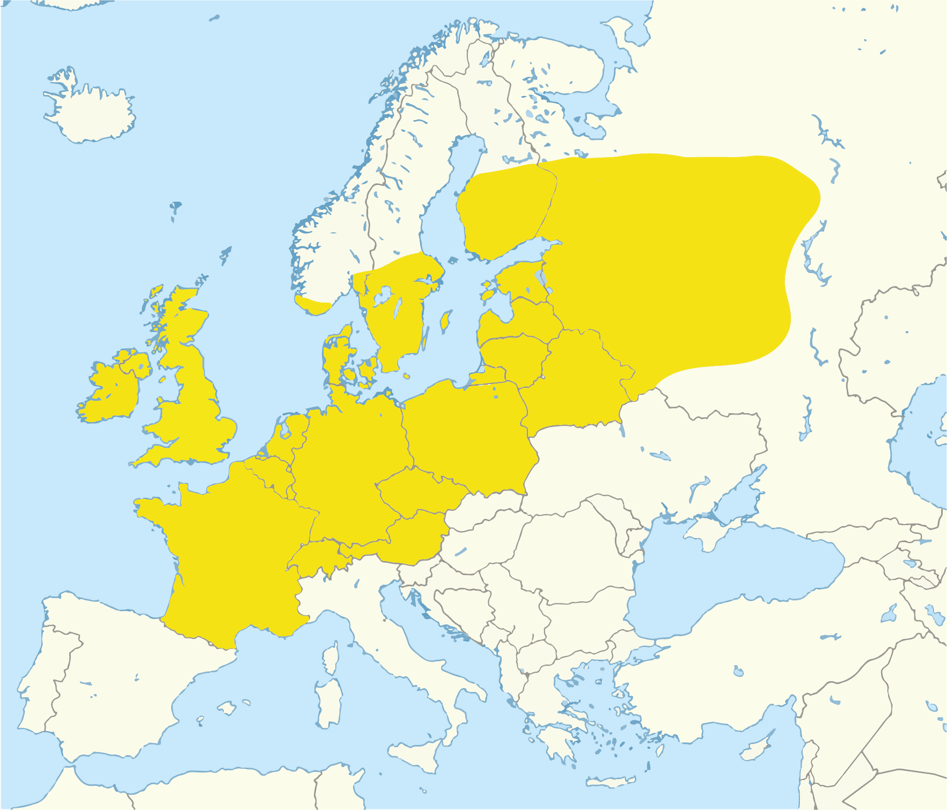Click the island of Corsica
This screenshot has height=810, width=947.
click(331, 658)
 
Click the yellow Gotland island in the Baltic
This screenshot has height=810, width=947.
click(444, 322)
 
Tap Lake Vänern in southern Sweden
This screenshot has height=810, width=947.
click(382, 296)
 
